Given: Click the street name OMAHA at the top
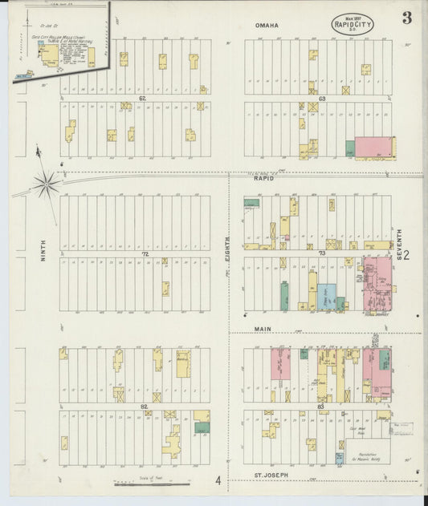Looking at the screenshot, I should (267, 26).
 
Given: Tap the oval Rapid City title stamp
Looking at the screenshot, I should (352, 24).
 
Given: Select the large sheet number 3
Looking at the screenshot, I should (407, 18).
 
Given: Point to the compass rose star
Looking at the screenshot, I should (47, 184).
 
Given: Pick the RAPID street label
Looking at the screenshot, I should (265, 178).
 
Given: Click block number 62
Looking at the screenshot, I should (143, 98).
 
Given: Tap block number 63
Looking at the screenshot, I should (321, 99).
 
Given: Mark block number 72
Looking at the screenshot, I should (145, 253).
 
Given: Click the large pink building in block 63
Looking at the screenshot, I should (374, 147).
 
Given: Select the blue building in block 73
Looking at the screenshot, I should (325, 297).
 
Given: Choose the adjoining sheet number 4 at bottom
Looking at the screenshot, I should (217, 481).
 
